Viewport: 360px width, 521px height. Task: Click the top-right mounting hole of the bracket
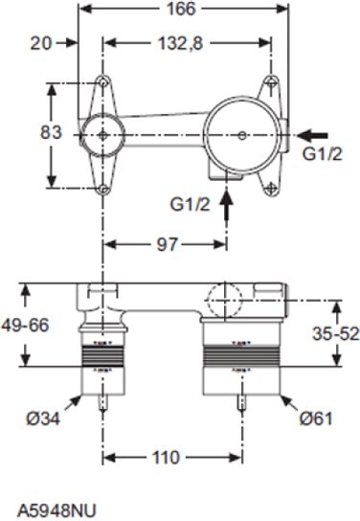(272, 83)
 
